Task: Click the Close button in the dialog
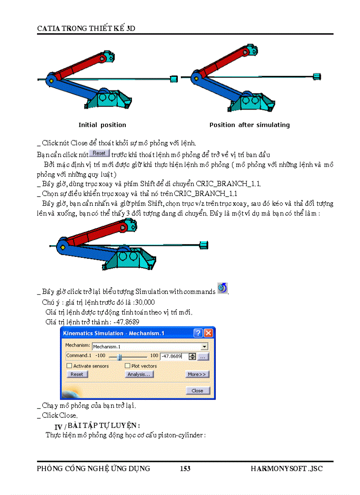(x=197, y=391)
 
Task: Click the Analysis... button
(x=139, y=374)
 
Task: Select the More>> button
(x=197, y=374)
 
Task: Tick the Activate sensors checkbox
(x=69, y=366)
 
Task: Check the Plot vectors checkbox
(x=127, y=366)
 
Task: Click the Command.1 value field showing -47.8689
(x=174, y=356)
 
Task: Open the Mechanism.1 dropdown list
(x=204, y=347)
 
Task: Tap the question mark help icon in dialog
(x=199, y=333)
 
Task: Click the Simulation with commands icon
(x=223, y=289)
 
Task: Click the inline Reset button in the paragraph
(x=99, y=153)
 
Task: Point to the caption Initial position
(x=102, y=125)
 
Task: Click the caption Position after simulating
(x=249, y=125)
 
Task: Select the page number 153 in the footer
(x=185, y=469)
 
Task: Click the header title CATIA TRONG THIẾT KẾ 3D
(x=86, y=28)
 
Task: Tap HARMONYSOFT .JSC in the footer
(x=286, y=469)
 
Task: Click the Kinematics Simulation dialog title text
(x=114, y=333)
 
